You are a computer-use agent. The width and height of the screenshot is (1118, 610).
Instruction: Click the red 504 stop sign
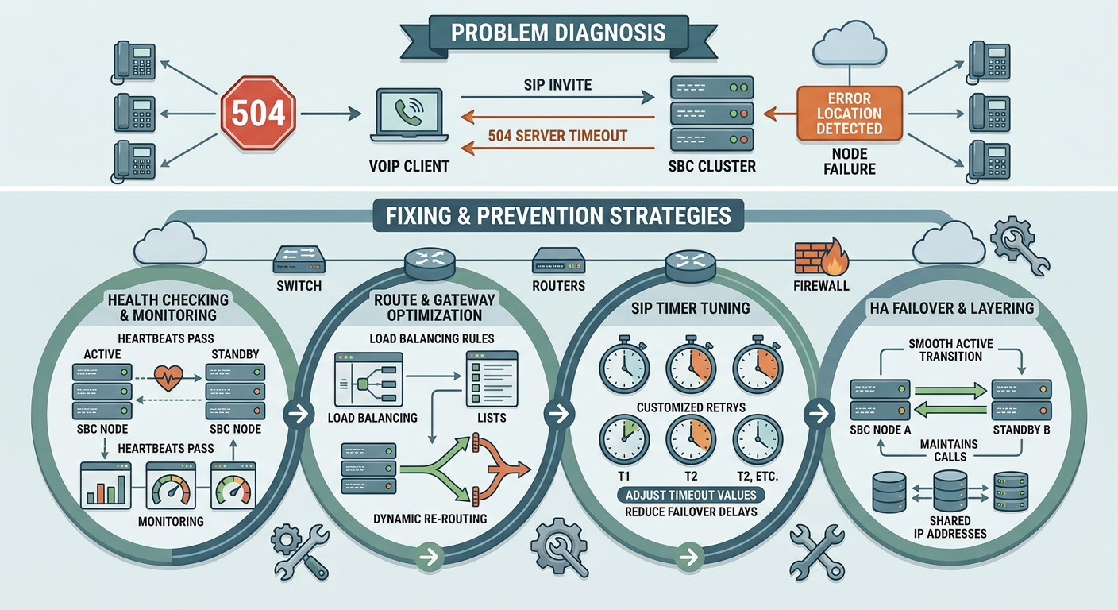(258, 113)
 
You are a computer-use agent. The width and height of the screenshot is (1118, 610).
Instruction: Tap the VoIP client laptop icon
(409, 115)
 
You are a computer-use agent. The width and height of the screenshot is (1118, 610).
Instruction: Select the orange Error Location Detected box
(850, 114)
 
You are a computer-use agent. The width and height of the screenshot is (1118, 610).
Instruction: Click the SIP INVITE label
(557, 85)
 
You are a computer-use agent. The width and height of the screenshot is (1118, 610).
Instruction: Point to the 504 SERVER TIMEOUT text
(557, 136)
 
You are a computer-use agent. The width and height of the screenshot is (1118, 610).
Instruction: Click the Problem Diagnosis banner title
(558, 33)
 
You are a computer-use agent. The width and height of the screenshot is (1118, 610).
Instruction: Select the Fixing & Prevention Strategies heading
(558, 216)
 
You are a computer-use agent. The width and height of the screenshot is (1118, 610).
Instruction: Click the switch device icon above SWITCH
(299, 260)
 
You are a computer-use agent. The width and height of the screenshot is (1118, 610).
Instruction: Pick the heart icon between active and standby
(168, 378)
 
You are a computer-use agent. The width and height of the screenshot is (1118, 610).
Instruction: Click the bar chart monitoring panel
(106, 485)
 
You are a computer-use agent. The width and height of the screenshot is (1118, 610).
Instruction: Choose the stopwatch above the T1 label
(624, 438)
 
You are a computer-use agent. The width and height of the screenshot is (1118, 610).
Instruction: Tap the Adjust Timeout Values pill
(691, 495)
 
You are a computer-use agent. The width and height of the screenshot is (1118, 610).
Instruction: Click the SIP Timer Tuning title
(690, 308)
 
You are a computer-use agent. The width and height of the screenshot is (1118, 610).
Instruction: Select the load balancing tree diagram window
(369, 380)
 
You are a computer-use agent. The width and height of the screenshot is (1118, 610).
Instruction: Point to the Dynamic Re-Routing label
(430, 519)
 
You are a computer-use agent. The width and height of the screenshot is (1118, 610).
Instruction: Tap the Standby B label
(1021, 430)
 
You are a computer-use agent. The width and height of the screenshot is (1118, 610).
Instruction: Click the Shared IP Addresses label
(950, 527)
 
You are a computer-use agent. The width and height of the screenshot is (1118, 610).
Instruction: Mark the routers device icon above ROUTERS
(558, 261)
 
